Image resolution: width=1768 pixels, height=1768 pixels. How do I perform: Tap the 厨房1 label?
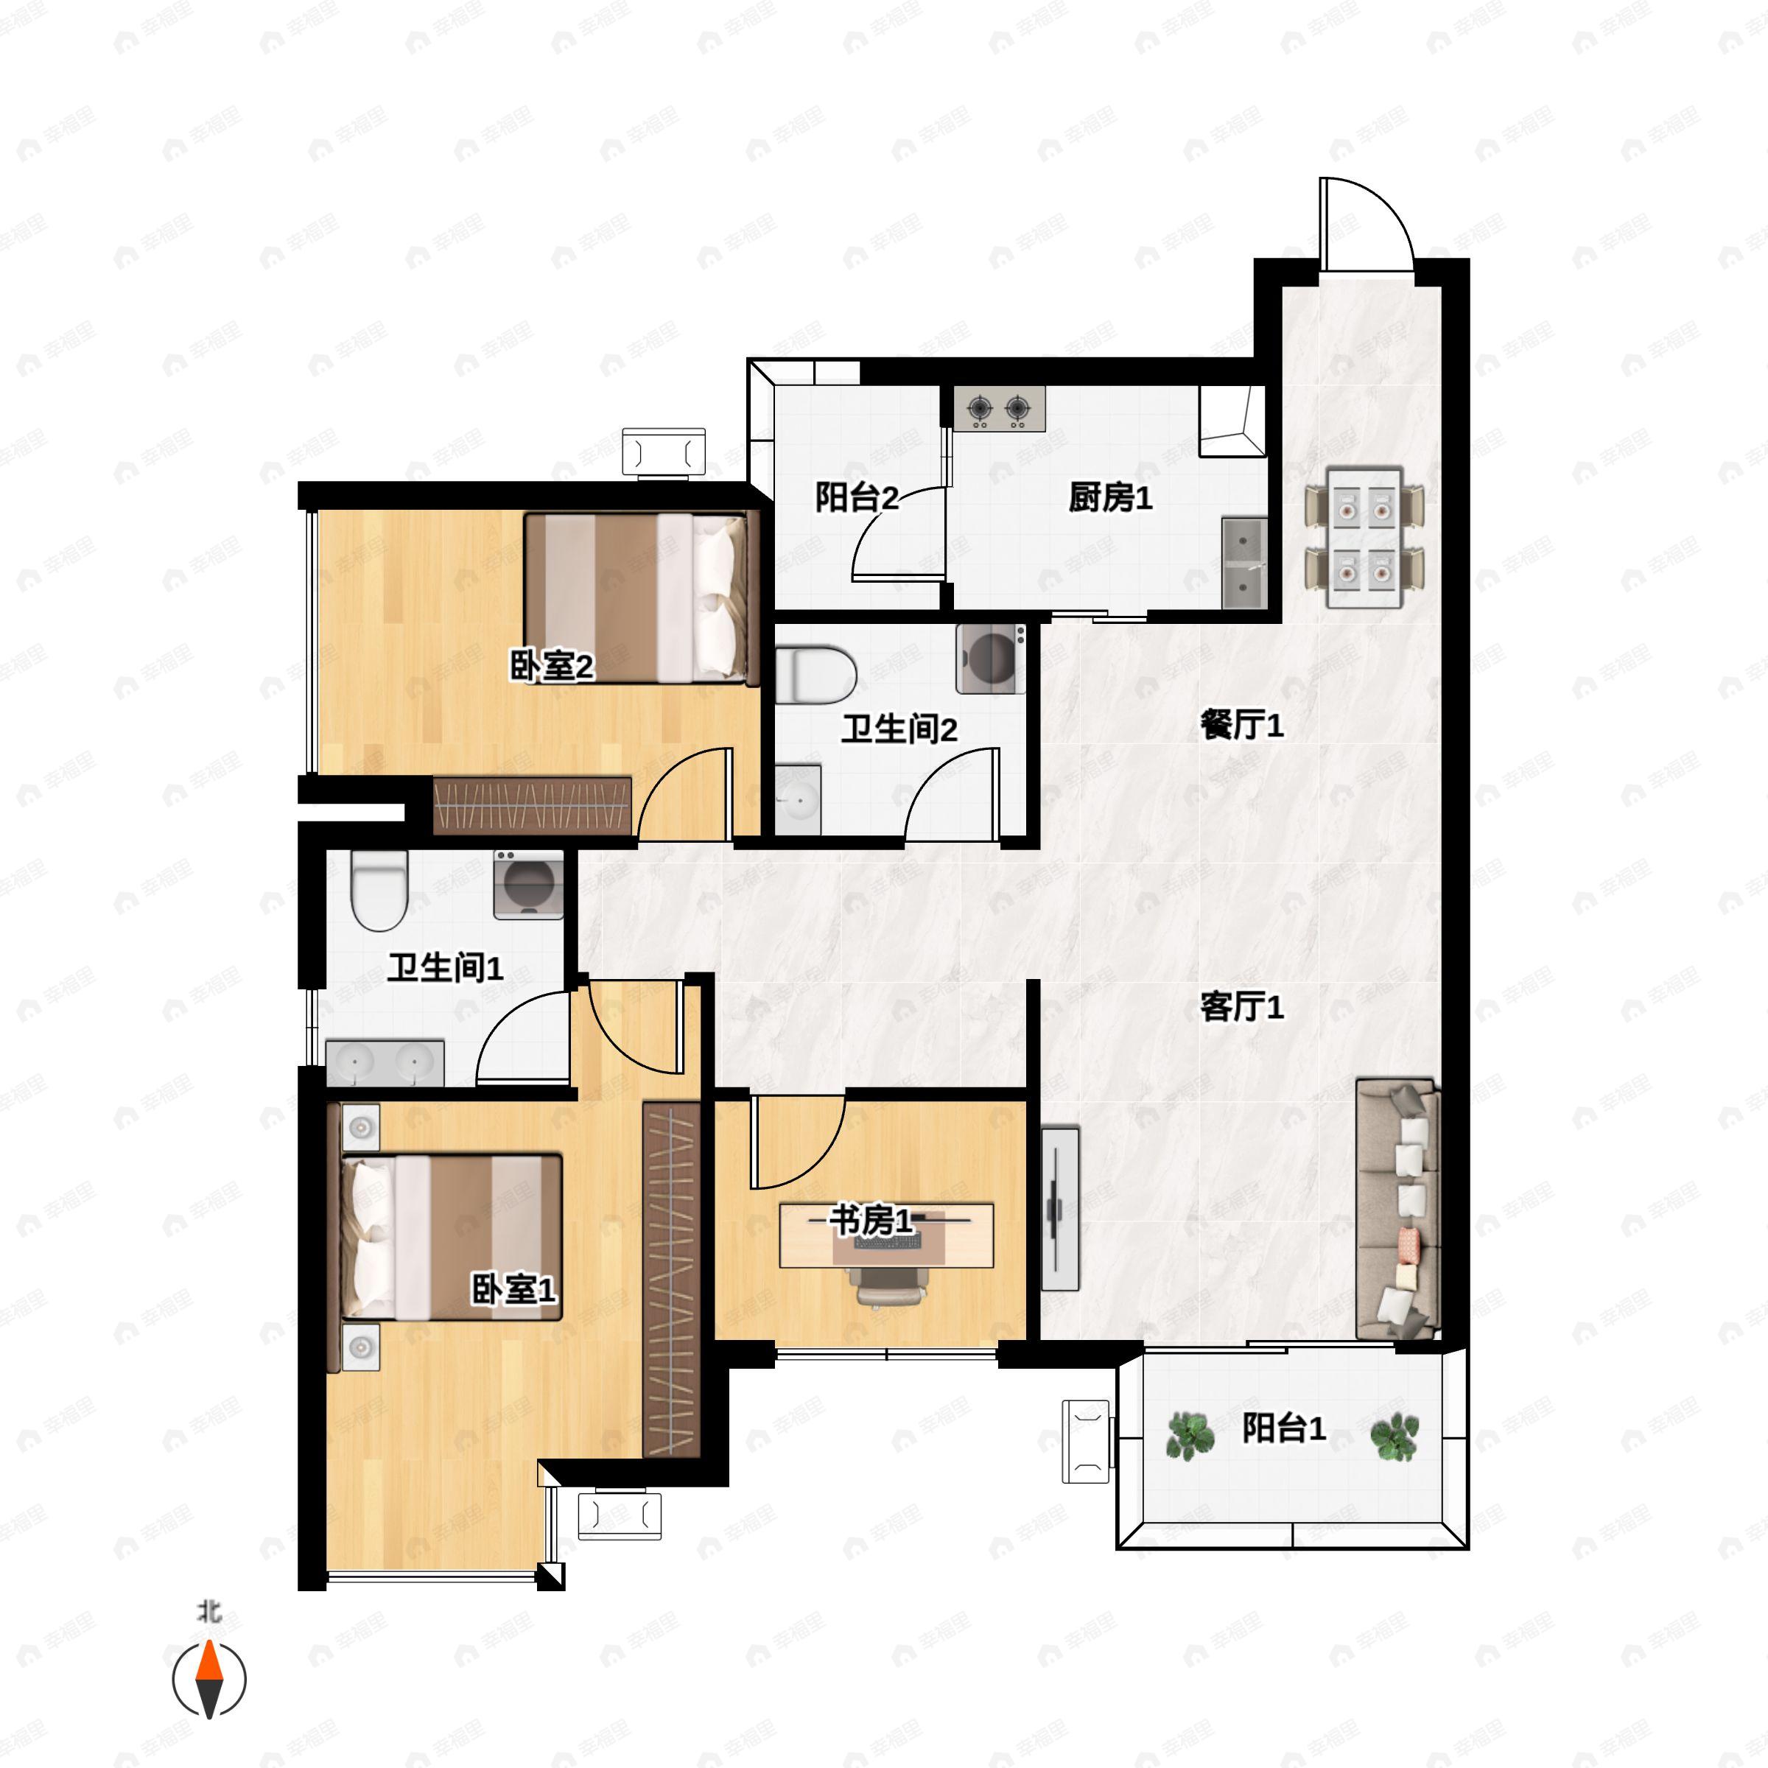click(x=1110, y=498)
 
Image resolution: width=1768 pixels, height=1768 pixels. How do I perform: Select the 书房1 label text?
click(x=871, y=1220)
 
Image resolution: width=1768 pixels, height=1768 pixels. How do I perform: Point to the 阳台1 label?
click(x=1283, y=1428)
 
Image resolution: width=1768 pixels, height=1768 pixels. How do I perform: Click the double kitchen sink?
click(x=1244, y=563)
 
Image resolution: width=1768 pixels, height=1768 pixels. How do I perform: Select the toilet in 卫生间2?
click(x=815, y=675)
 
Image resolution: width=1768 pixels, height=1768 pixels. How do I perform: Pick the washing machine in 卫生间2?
click(x=991, y=658)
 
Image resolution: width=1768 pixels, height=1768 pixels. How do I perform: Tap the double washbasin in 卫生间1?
click(x=385, y=1062)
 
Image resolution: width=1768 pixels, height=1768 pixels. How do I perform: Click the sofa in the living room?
click(x=1397, y=1208)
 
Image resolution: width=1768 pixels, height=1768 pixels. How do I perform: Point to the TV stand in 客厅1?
click(x=1060, y=1209)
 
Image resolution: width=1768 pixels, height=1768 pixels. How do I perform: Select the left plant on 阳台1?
click(x=1190, y=1435)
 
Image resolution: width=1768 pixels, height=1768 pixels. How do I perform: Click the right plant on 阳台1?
click(x=1395, y=1436)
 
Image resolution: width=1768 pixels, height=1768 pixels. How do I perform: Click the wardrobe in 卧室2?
click(x=533, y=805)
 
